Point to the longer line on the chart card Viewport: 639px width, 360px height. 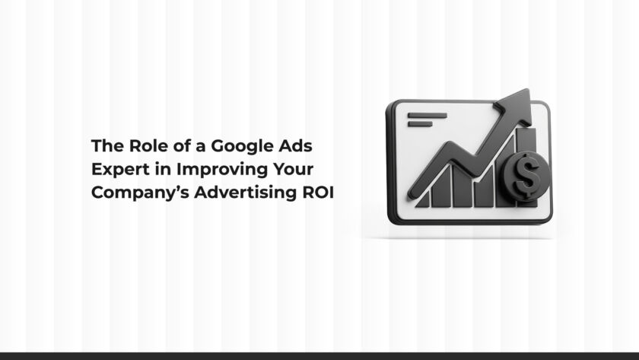428,115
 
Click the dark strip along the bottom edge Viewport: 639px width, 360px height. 319,355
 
